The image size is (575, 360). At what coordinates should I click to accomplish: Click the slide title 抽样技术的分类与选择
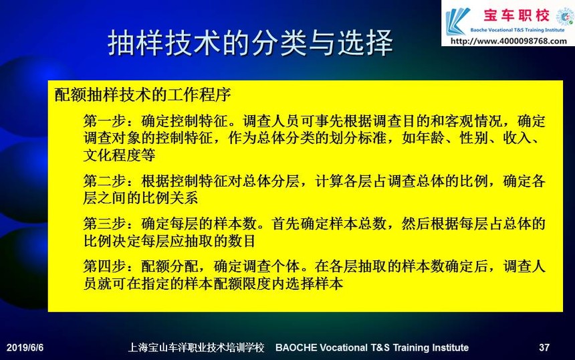pyautogui.click(x=250, y=43)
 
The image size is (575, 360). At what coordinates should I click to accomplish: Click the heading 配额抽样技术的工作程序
pyautogui.click(x=142, y=94)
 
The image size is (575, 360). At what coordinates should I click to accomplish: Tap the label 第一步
pyautogui.click(x=104, y=120)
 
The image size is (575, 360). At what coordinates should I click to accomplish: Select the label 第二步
pyautogui.click(x=104, y=181)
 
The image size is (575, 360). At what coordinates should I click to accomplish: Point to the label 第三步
pyautogui.click(x=104, y=223)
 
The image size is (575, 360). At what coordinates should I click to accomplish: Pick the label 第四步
pyautogui.click(x=104, y=266)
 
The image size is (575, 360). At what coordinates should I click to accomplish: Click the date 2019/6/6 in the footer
pyautogui.click(x=25, y=347)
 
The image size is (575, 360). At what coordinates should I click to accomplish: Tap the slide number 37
pyautogui.click(x=544, y=347)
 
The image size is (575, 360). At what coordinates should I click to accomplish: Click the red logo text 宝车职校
pyautogui.click(x=516, y=15)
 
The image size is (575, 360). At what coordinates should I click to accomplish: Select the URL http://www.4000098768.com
pyautogui.click(x=509, y=41)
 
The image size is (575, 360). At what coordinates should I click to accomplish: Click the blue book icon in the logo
pyautogui.click(x=457, y=21)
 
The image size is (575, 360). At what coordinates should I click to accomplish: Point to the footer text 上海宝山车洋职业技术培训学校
pyautogui.click(x=196, y=347)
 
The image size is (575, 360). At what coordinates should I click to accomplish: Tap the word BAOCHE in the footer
pyautogui.click(x=296, y=347)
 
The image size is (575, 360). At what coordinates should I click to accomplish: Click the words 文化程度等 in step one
pyautogui.click(x=119, y=155)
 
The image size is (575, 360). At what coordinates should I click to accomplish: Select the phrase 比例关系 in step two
pyautogui.click(x=169, y=198)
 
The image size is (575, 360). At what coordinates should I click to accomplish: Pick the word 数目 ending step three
pyautogui.click(x=241, y=241)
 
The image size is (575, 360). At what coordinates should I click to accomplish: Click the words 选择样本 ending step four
pyautogui.click(x=314, y=284)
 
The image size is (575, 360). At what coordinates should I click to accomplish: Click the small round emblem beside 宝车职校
pyautogui.click(x=565, y=17)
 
